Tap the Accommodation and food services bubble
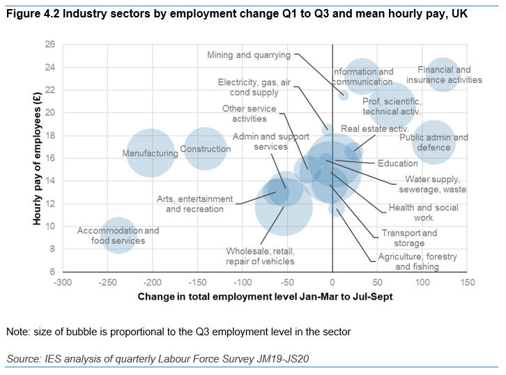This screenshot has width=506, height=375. click(118, 236)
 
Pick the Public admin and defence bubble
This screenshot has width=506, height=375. click(434, 143)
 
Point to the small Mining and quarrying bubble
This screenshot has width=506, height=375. click(343, 95)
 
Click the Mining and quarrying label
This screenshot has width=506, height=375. click(250, 54)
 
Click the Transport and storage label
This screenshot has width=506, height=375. click(408, 238)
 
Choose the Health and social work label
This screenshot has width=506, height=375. click(423, 213)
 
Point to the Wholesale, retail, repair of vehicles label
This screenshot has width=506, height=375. click(260, 257)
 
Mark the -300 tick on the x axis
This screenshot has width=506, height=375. click(63, 282)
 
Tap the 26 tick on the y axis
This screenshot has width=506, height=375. click(50, 44)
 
